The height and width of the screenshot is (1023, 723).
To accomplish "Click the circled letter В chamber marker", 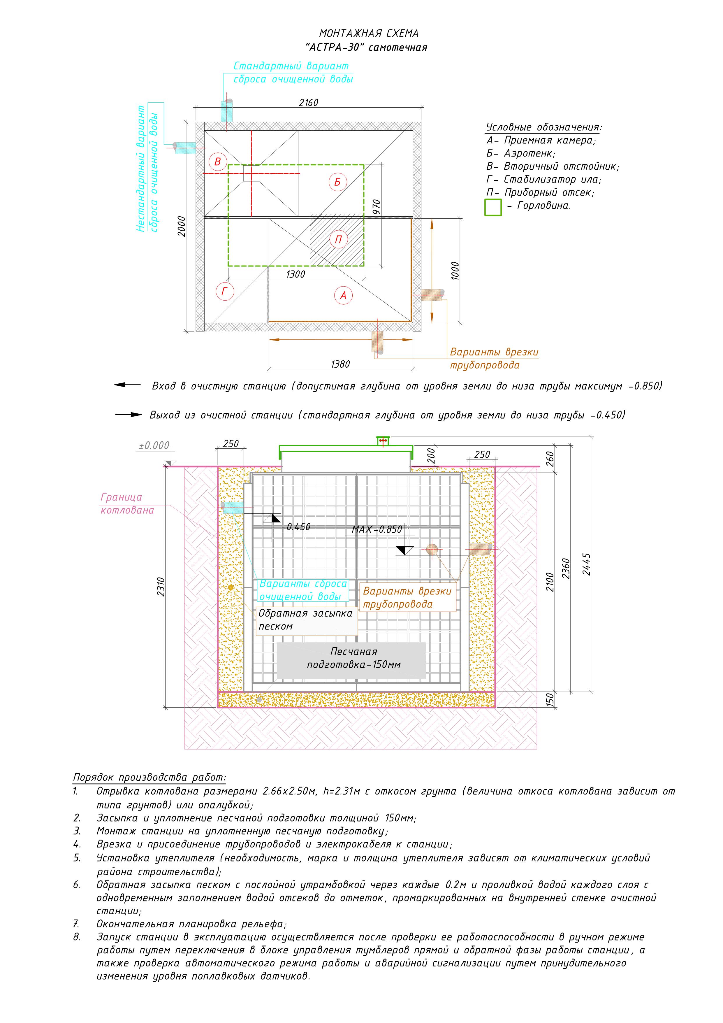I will (x=217, y=162).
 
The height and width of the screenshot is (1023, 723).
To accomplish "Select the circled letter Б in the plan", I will (x=337, y=182).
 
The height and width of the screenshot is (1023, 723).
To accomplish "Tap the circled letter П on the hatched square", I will (x=338, y=240).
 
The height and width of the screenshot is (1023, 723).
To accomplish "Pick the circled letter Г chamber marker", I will (x=224, y=292).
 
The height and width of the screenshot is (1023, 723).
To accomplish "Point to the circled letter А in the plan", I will (x=343, y=295).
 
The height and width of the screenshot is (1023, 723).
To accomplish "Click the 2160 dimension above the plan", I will (x=308, y=103).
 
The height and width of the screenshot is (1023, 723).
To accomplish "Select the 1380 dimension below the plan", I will (x=340, y=364).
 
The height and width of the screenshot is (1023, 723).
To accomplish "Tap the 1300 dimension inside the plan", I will (x=295, y=274).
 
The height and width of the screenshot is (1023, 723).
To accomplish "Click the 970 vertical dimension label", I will (x=377, y=208).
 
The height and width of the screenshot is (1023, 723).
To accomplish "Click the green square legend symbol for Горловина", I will (x=493, y=207).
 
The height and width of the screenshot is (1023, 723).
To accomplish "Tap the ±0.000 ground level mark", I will (x=154, y=445).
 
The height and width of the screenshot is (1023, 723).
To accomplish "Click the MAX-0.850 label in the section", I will (x=377, y=529).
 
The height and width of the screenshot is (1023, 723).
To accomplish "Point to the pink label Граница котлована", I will (x=127, y=503).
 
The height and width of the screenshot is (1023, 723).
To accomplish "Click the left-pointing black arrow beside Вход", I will (x=127, y=385).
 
